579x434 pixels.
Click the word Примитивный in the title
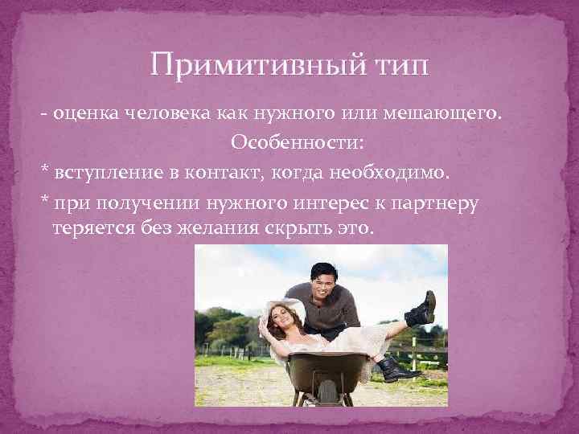pyautogui.click(x=254, y=64)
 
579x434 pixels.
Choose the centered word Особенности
pyautogui.click(x=297, y=142)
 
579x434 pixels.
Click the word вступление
pyautogui.click(x=102, y=172)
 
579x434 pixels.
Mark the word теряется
pyautogui.click(x=86, y=228)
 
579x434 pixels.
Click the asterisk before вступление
pyautogui.click(x=46, y=171)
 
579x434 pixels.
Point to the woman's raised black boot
pyautogui.click(x=420, y=309)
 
